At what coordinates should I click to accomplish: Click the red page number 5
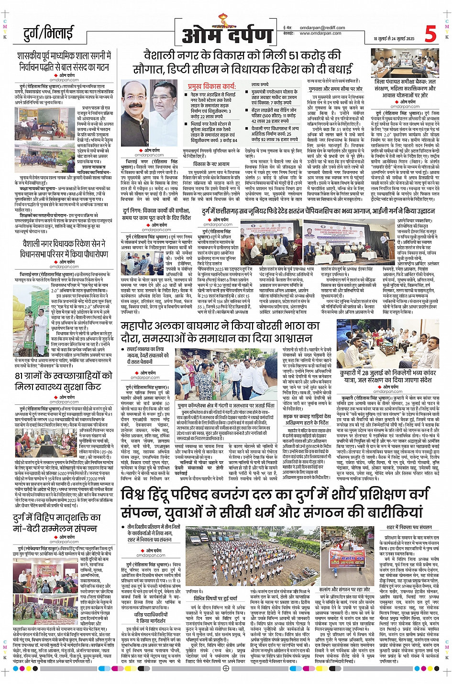430,33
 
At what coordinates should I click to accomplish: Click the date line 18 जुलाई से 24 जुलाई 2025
394,39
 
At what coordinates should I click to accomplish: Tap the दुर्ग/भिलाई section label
48,34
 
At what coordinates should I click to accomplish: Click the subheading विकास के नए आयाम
211,163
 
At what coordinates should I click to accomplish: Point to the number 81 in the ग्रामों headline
20,376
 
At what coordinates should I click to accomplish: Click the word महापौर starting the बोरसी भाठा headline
139,326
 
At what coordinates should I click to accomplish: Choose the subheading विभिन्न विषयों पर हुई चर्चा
215,598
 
